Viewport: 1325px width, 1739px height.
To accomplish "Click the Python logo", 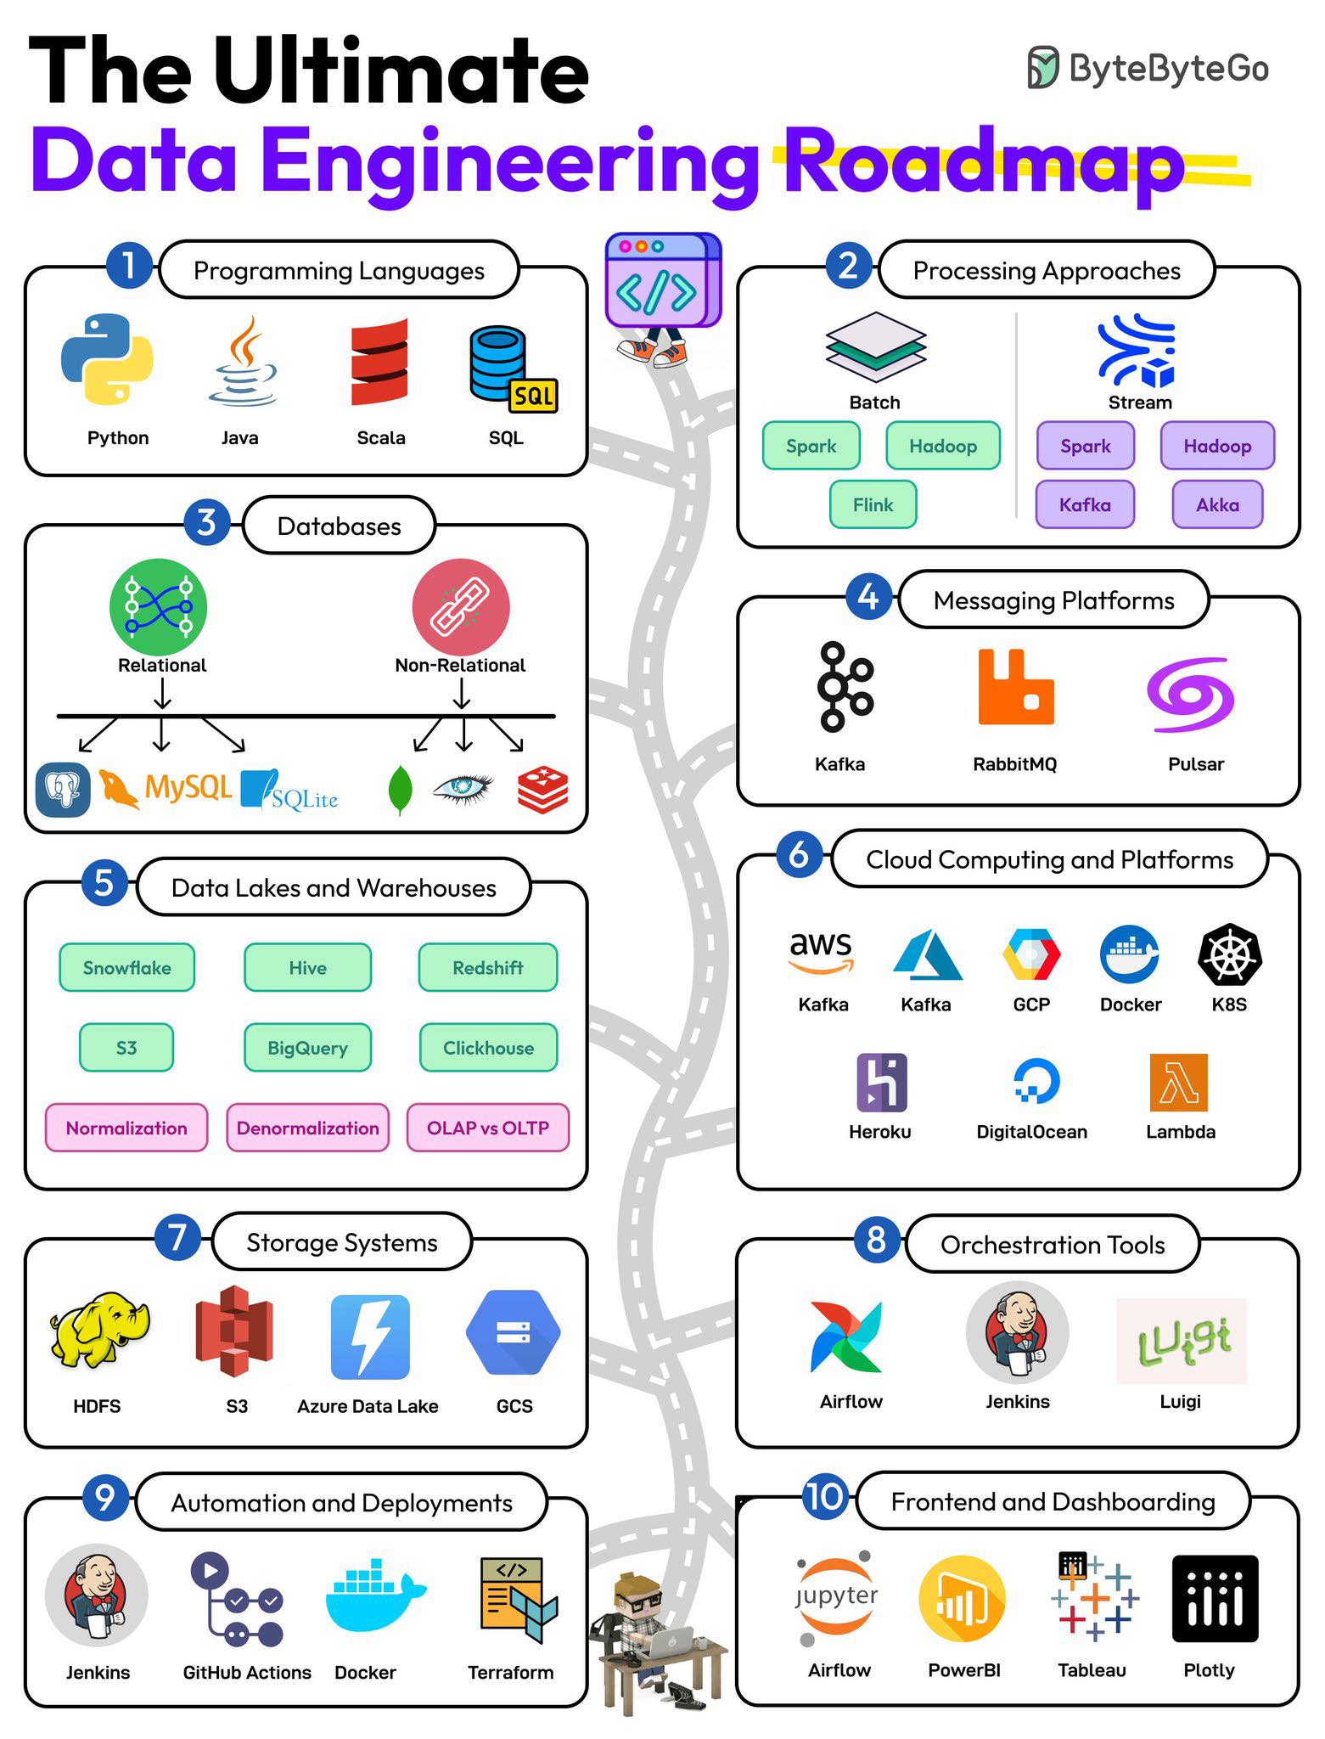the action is [x=107, y=359].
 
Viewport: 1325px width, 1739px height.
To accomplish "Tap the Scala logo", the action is [x=379, y=362].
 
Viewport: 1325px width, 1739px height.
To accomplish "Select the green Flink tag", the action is [x=873, y=504].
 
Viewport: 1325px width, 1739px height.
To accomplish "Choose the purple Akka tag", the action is [x=1217, y=504].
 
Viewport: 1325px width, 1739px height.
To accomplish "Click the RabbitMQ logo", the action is [x=1016, y=687].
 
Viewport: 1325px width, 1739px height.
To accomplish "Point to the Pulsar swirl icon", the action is [x=1190, y=695].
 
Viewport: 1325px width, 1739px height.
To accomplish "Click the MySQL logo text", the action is [x=188, y=787].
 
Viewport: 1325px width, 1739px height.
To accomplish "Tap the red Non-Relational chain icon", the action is [x=461, y=606].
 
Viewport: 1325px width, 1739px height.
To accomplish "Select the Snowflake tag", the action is [x=126, y=967].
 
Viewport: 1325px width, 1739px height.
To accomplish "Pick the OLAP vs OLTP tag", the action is [x=488, y=1128].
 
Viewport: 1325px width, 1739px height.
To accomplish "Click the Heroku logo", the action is [x=882, y=1083].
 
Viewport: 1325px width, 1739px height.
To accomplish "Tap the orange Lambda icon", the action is [x=1179, y=1083].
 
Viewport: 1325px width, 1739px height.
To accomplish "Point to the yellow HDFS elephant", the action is [x=99, y=1330].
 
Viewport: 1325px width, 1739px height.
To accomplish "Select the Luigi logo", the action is [x=1182, y=1341].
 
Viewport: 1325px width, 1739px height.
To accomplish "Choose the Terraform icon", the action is [x=518, y=1600].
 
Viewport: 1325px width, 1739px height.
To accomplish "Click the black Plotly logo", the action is [x=1215, y=1599].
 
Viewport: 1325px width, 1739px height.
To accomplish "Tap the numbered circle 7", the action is [x=177, y=1236].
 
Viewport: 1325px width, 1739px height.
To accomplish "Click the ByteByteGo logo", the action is [x=1148, y=68].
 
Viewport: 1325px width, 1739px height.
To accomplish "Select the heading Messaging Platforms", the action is [x=1053, y=600].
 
